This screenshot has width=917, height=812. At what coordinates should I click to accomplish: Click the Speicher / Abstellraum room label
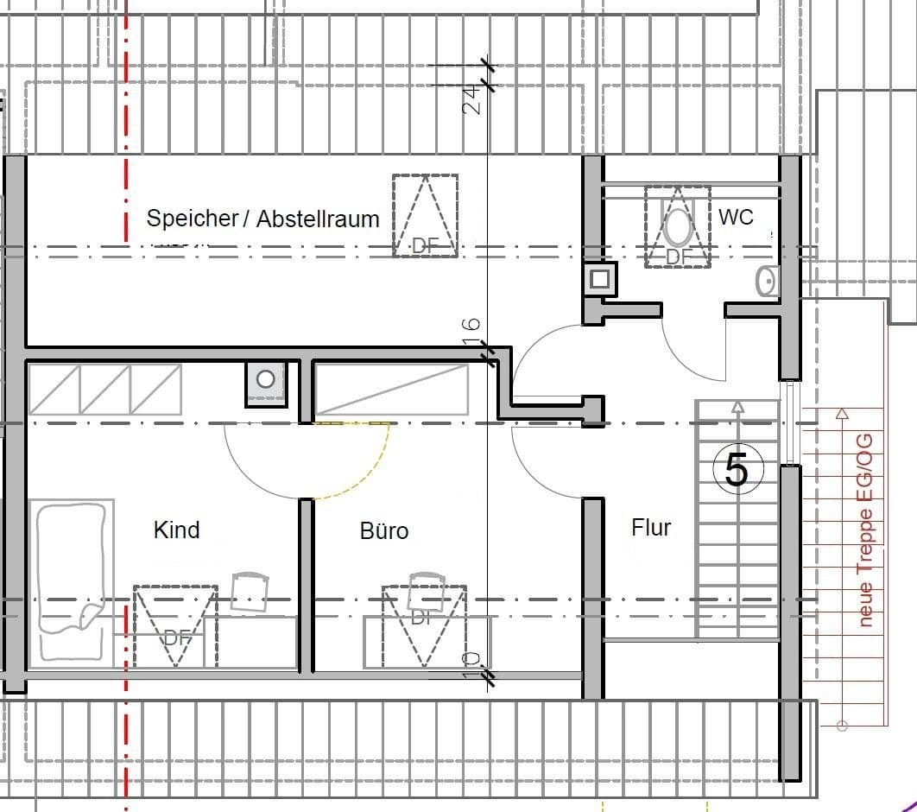pyautogui.click(x=262, y=219)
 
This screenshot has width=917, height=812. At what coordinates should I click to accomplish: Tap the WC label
pyautogui.click(x=736, y=217)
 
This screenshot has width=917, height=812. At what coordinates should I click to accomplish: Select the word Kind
pyautogui.click(x=176, y=530)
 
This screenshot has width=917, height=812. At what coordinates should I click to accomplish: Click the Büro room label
pyautogui.click(x=384, y=530)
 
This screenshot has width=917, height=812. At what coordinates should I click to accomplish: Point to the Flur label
pyautogui.click(x=651, y=527)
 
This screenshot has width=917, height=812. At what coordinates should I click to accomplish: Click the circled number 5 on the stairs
pyautogui.click(x=736, y=472)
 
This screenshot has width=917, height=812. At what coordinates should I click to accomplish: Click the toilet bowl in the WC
pyautogui.click(x=678, y=226)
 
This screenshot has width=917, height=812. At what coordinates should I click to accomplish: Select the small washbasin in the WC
pyautogui.click(x=766, y=282)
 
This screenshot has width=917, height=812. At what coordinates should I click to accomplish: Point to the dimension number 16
pyautogui.click(x=471, y=331)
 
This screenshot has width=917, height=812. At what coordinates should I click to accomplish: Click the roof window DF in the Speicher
pyautogui.click(x=425, y=216)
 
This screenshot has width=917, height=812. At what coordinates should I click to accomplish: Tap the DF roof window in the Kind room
pyautogui.click(x=175, y=626)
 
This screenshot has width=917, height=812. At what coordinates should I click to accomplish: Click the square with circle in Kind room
pyautogui.click(x=266, y=379)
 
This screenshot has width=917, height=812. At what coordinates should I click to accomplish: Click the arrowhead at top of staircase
pyautogui.click(x=737, y=406)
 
